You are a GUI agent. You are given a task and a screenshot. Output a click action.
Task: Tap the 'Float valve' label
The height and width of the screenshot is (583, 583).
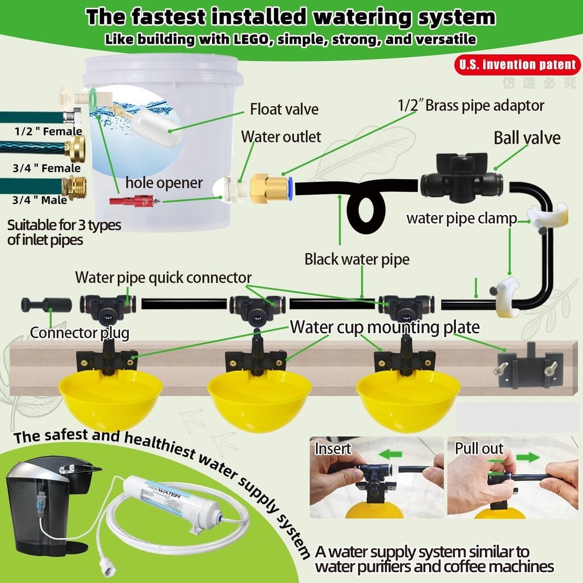[x=285, y=110]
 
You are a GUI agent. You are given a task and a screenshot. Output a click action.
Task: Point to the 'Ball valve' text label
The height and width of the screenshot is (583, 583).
[x=527, y=138]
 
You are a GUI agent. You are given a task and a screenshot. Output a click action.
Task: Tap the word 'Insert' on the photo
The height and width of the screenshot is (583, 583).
[x=333, y=449]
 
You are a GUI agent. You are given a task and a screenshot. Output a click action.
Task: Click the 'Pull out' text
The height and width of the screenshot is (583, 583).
[x=480, y=449]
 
